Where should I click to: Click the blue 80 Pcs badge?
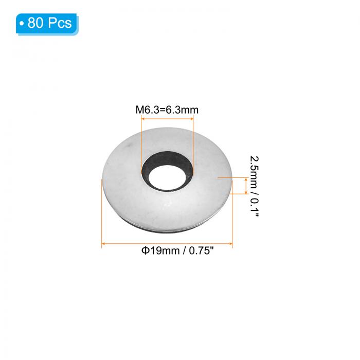tap(47, 24)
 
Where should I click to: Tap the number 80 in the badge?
tap(34, 23)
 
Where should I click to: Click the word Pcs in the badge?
tap(60, 23)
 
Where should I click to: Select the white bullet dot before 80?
tap(22, 23)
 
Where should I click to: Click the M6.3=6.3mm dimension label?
tap(167, 110)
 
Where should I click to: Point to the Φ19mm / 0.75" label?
tap(177, 250)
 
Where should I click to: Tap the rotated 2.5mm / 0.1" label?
tap(254, 186)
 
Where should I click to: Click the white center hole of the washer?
tap(167, 177)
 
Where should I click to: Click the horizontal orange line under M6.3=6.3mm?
tap(167, 119)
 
